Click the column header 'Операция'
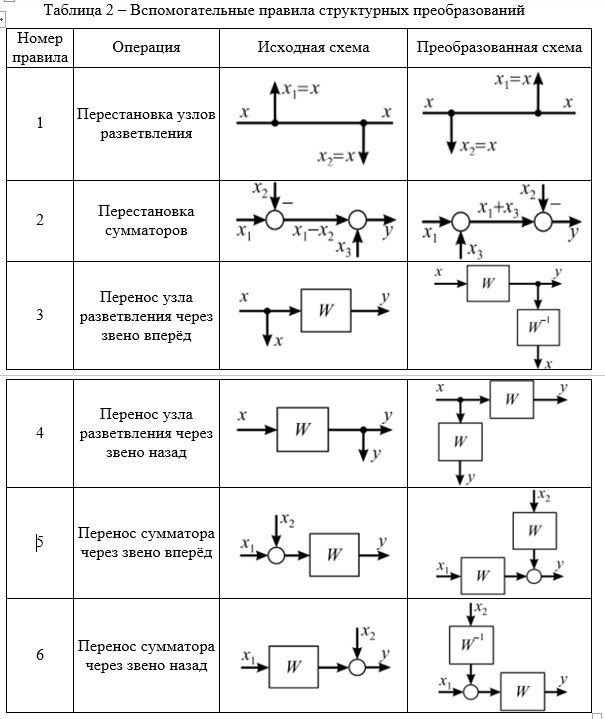pyautogui.click(x=146, y=48)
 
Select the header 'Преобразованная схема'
pyautogui.click(x=499, y=47)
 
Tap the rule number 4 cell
pyautogui.click(x=40, y=433)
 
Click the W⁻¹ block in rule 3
pyautogui.click(x=538, y=327)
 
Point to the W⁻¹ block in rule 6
pyautogui.click(x=472, y=645)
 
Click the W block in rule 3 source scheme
pyautogui.click(x=326, y=310)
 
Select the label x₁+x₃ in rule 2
pyautogui.click(x=498, y=209)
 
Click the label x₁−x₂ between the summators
pyautogui.click(x=313, y=233)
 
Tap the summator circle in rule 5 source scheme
pyautogui.click(x=276, y=555)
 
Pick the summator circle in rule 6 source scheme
pyautogui.click(x=357, y=667)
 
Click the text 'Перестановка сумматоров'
pyautogui.click(x=146, y=221)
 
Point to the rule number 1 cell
pyautogui.click(x=40, y=123)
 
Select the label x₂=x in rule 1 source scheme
pyautogui.click(x=336, y=157)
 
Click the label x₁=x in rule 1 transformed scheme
pyautogui.click(x=513, y=80)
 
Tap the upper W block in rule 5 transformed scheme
pyautogui.click(x=535, y=531)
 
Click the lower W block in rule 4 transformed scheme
pyautogui.click(x=461, y=442)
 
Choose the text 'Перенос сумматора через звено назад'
pyautogui.click(x=146, y=656)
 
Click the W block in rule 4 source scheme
pyautogui.click(x=303, y=430)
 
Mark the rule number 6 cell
pyautogui.click(x=40, y=655)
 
